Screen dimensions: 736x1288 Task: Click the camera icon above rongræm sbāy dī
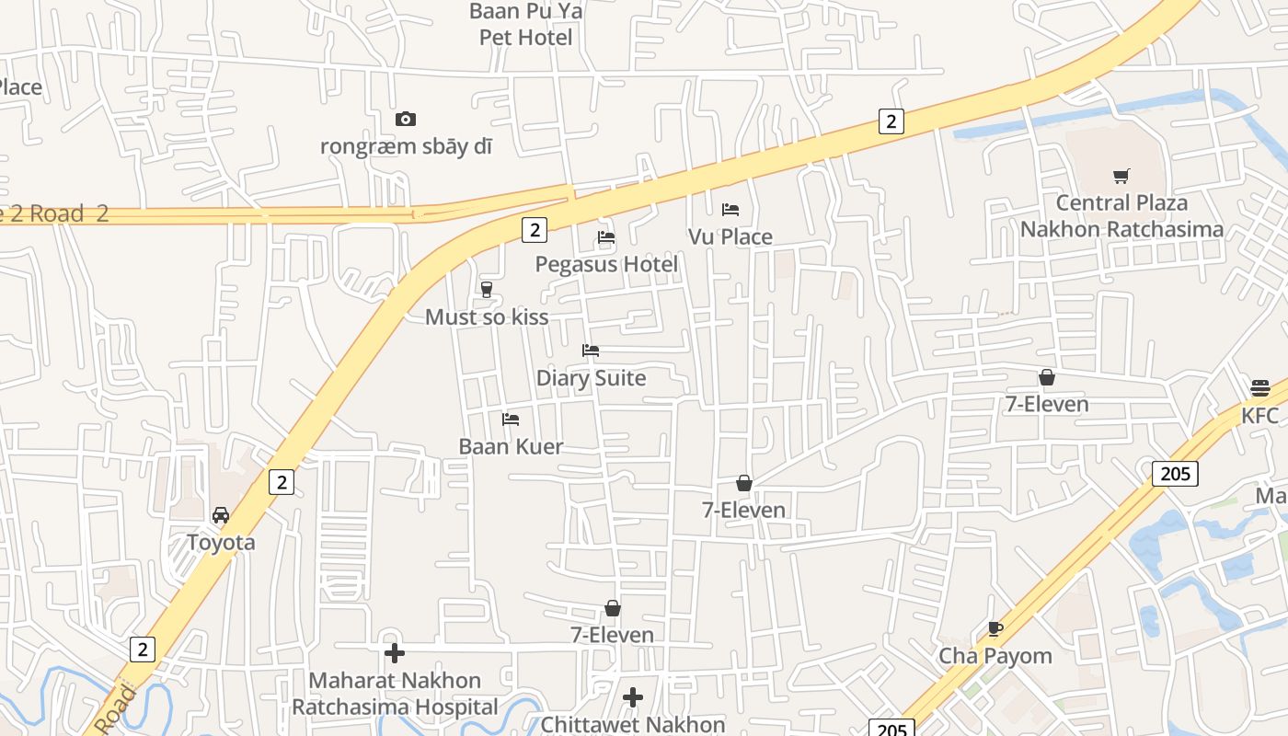click(x=406, y=120)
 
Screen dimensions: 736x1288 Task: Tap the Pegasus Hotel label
click(x=606, y=265)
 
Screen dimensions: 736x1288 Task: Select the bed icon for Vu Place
click(x=730, y=210)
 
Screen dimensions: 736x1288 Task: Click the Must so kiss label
click(x=487, y=317)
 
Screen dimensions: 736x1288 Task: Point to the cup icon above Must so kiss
click(x=487, y=290)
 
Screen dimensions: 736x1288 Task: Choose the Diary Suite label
click(x=591, y=378)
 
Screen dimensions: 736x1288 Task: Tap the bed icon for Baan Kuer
click(x=511, y=420)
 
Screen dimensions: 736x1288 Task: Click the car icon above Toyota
click(x=221, y=515)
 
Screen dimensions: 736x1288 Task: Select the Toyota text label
click(x=221, y=543)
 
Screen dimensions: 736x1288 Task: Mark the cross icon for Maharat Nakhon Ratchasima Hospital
click(x=395, y=653)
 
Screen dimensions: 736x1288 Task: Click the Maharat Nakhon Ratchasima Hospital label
click(x=395, y=694)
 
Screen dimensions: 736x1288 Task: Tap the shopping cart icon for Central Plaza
click(x=1121, y=176)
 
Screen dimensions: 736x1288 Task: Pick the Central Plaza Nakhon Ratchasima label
click(x=1121, y=216)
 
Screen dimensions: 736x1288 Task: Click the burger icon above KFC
click(x=1260, y=388)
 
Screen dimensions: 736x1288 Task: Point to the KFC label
click(x=1260, y=416)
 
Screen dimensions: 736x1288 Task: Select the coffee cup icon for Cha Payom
click(x=995, y=629)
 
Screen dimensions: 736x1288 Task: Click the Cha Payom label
click(x=995, y=657)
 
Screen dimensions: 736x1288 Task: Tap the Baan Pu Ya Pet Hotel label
click(x=526, y=25)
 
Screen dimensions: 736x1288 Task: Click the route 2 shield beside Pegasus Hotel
click(x=534, y=229)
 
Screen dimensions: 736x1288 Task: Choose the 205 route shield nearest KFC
click(x=1175, y=474)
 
